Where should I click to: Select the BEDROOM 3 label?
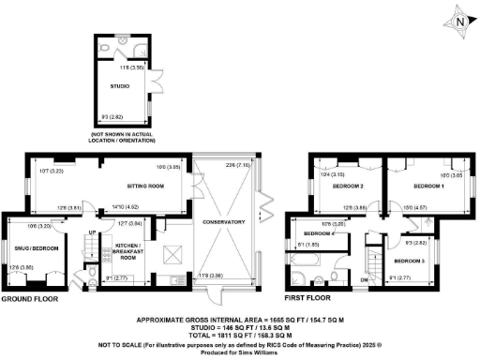[410, 261]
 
